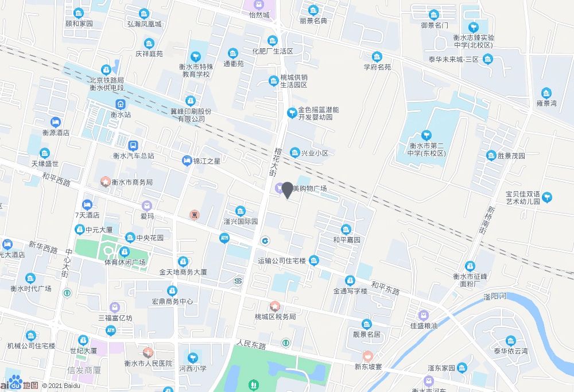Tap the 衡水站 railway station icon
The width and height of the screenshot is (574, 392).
point(121,104)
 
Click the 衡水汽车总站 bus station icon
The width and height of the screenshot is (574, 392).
point(133,146)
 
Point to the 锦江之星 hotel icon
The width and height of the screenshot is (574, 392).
point(186,161)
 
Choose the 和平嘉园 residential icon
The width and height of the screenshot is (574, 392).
point(346,229)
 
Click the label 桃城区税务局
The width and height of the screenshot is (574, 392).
point(276,316)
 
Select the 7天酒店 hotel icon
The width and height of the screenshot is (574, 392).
point(87,204)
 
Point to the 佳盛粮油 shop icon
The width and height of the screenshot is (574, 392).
point(424,315)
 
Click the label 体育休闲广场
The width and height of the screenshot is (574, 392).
point(125,262)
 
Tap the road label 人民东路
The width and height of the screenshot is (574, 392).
point(251,346)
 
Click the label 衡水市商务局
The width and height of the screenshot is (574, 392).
point(132,182)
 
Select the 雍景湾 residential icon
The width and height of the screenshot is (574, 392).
point(546,93)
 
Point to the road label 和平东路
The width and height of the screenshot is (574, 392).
point(385,288)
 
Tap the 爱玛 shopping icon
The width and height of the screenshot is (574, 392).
point(148,205)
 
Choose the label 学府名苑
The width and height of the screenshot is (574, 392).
point(377,67)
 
